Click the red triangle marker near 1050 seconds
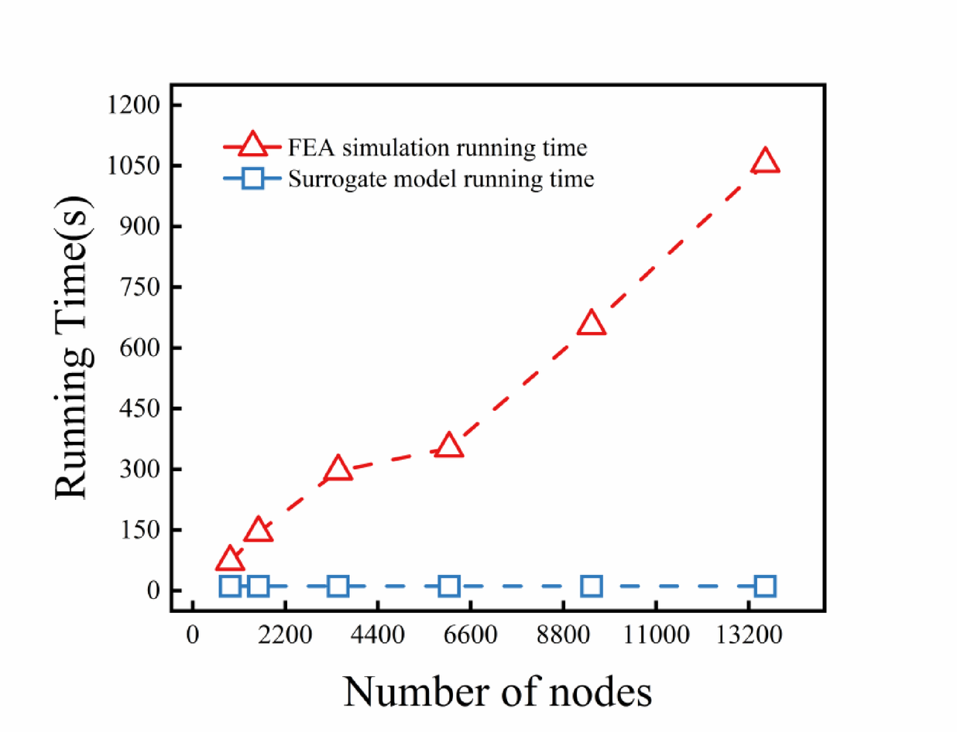click(x=765, y=161)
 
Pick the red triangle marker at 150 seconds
click(x=259, y=530)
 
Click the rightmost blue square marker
click(x=765, y=586)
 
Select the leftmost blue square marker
click(x=229, y=586)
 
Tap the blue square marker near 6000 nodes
click(x=449, y=586)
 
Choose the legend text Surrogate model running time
click(x=441, y=180)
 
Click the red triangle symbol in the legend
click(x=252, y=145)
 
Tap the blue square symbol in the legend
click(x=252, y=180)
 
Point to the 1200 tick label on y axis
click(x=135, y=105)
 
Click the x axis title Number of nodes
click(x=498, y=691)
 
